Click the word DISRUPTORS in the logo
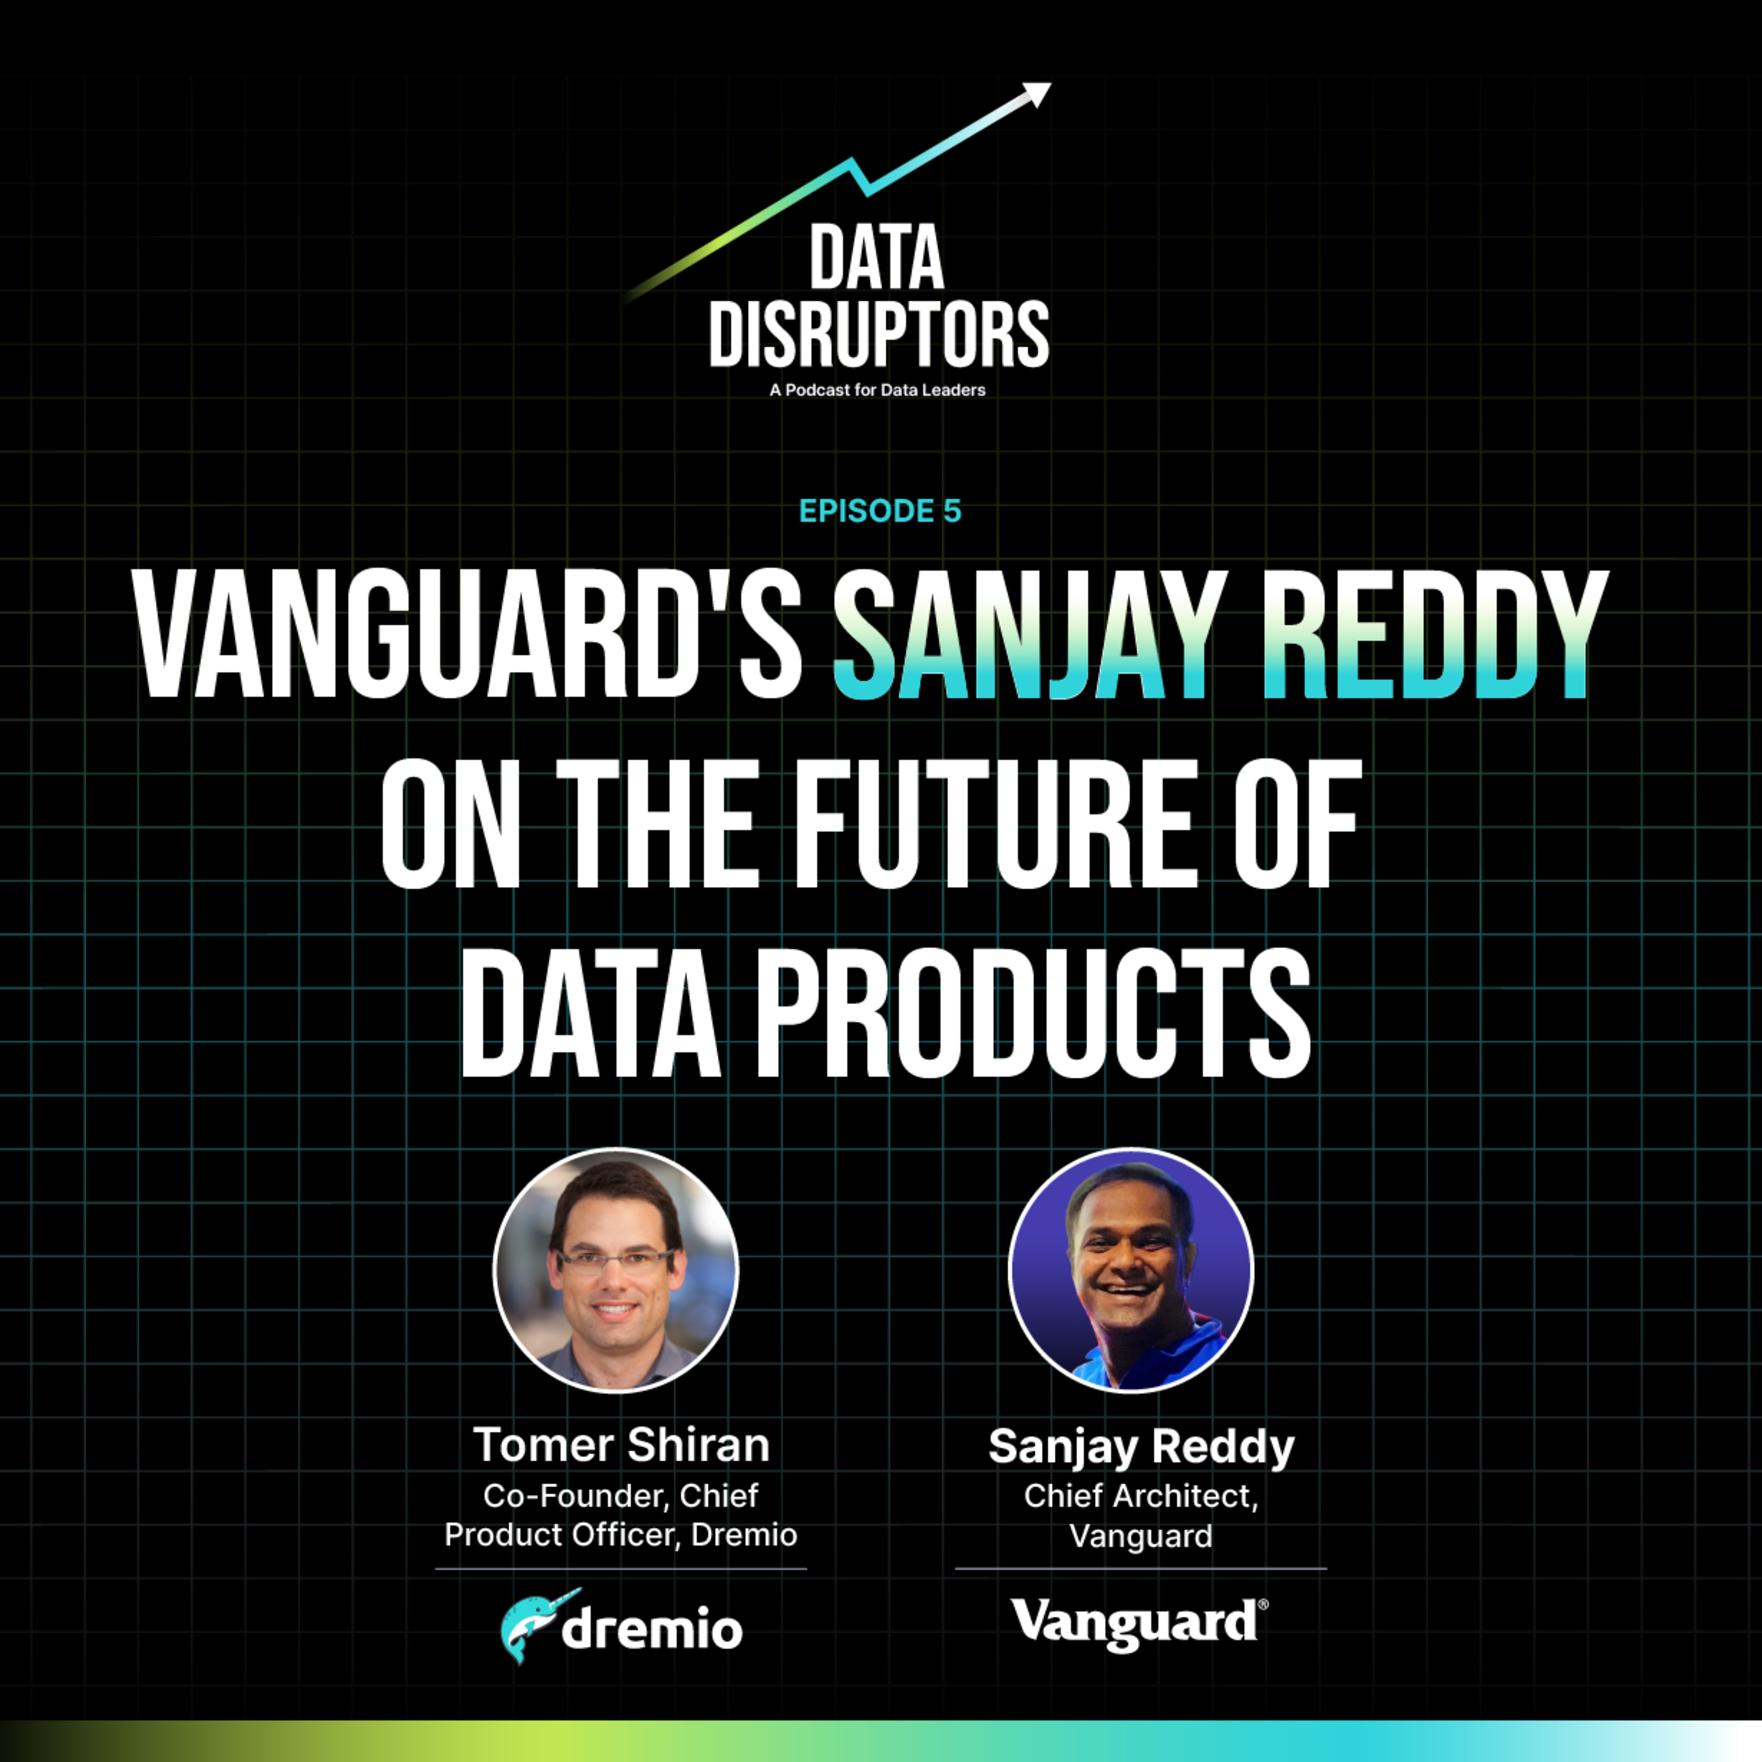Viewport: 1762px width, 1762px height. pos(879,335)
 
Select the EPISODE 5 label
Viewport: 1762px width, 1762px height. pos(880,511)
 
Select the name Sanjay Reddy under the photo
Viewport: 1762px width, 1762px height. pos(1141,1445)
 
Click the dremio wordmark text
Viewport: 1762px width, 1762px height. pos(651,1630)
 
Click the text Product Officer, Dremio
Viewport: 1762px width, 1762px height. pos(621,1535)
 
